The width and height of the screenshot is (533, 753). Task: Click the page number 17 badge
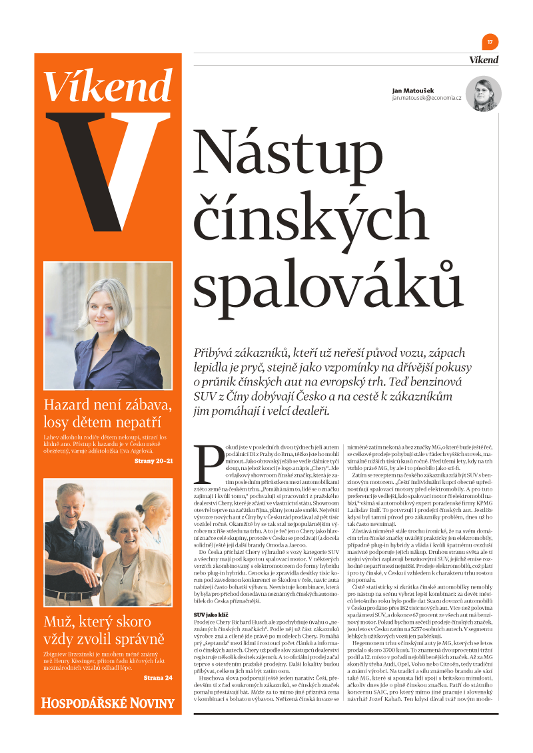coord(490,42)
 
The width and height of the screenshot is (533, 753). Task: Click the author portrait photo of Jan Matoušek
coord(483,94)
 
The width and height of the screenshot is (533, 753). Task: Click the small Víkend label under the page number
coord(484,60)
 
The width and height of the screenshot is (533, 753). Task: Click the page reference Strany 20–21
coord(153,460)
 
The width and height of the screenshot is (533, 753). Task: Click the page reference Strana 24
coord(158,678)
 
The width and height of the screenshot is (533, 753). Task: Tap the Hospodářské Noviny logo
coord(108,703)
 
